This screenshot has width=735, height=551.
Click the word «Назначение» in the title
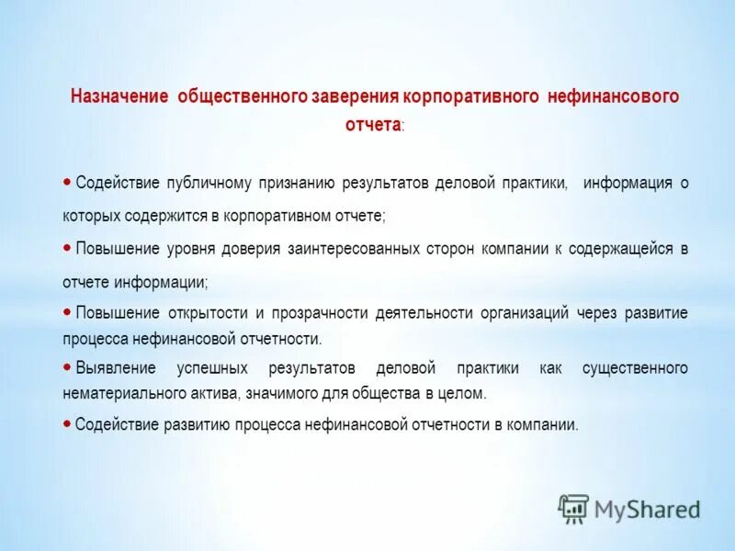pyautogui.click(x=119, y=96)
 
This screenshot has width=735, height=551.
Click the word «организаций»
pyautogui.click(x=524, y=313)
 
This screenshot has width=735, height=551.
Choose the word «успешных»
pyautogui.click(x=212, y=368)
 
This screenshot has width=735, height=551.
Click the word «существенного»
pyautogui.click(x=635, y=368)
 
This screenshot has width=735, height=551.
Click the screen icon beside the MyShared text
pyautogui.click(x=574, y=508)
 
